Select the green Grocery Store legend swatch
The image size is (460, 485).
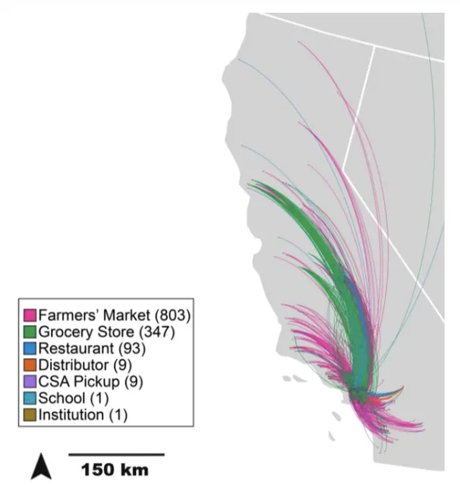pyautogui.click(x=30, y=332)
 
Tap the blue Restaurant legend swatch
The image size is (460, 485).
pyautogui.click(x=30, y=349)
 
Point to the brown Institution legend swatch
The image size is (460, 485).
pyautogui.click(x=30, y=415)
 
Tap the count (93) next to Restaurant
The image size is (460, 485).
pyautogui.click(x=130, y=349)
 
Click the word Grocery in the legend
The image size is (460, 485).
pyautogui.click(x=64, y=332)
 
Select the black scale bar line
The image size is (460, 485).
pyautogui.click(x=116, y=454)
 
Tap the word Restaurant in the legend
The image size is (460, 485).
pyautogui.click(x=74, y=349)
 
